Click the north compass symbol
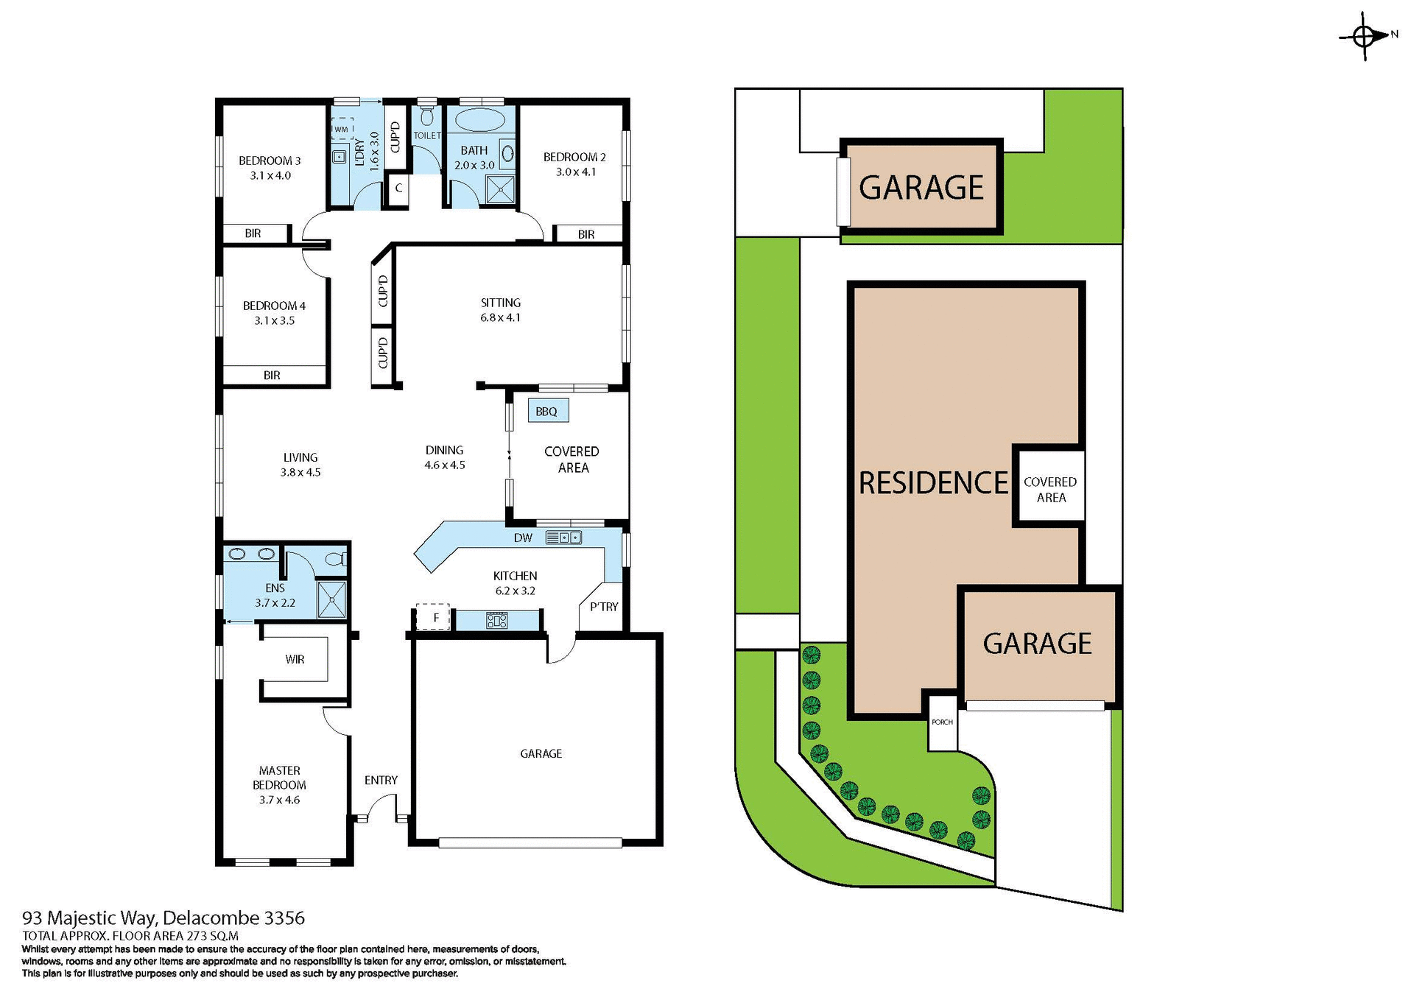[x=1365, y=35]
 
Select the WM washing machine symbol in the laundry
[x=341, y=129]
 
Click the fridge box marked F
[x=433, y=617]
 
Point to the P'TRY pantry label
[x=604, y=607]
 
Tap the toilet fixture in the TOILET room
[x=427, y=118]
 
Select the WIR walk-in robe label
[x=295, y=659]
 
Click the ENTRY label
[x=381, y=780]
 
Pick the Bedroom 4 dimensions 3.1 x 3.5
[x=275, y=320]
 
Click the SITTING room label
[x=500, y=303]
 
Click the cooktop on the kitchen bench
[x=496, y=620]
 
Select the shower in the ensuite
[x=331, y=599]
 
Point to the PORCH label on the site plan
[x=942, y=722]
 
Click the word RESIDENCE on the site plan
[x=933, y=483]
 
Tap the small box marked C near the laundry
[x=398, y=188]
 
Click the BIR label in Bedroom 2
[x=586, y=234]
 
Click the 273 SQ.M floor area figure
[x=212, y=936]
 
